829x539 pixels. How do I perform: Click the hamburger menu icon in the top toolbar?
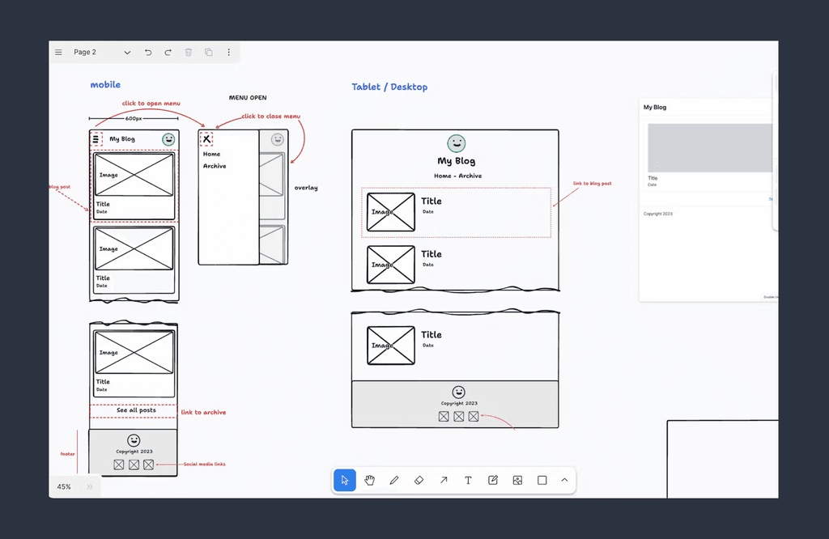(x=58, y=53)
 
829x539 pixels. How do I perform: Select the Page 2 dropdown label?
(x=85, y=53)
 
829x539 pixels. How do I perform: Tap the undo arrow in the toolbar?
(x=148, y=53)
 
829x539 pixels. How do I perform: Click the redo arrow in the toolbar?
(x=168, y=53)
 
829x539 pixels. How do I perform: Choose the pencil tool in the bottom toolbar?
(x=394, y=480)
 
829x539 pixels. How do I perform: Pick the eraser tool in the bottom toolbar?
(x=419, y=480)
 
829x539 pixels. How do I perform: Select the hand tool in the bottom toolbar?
(x=369, y=480)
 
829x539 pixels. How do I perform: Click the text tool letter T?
(x=468, y=480)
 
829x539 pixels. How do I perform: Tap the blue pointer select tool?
(x=345, y=480)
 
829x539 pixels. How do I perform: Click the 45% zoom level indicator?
(x=63, y=487)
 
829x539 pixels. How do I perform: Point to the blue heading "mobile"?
(x=105, y=85)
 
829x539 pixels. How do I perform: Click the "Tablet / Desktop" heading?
(x=389, y=87)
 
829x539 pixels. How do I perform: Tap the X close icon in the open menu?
(x=206, y=139)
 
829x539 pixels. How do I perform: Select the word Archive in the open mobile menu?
(x=215, y=167)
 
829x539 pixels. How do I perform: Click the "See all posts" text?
(x=136, y=410)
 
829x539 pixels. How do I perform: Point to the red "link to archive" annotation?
(x=203, y=413)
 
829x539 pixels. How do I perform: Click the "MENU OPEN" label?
(x=248, y=98)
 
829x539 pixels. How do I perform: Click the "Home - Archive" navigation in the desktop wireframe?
(x=457, y=176)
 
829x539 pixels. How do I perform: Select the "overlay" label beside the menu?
(x=306, y=188)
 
